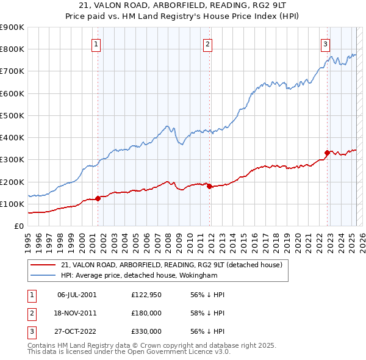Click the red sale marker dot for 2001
click(98, 198)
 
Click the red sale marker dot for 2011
click(209, 186)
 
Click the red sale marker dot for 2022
click(327, 153)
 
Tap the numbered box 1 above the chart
click(97, 43)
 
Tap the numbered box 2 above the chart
click(208, 43)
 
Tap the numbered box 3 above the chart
click(326, 43)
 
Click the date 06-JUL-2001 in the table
click(77, 295)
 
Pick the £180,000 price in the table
click(146, 313)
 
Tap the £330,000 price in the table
click(146, 331)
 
